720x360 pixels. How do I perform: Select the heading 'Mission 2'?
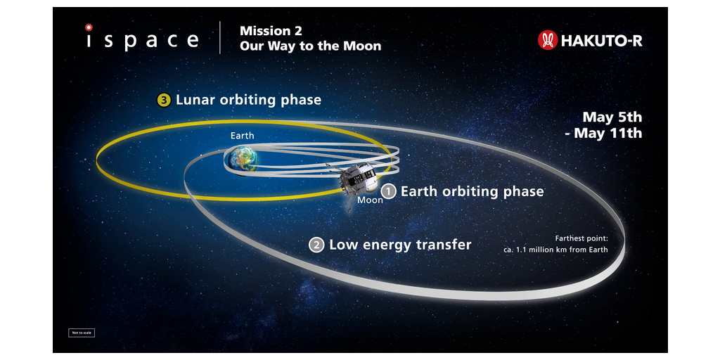pos(266,31)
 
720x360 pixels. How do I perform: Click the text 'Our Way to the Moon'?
pos(310,46)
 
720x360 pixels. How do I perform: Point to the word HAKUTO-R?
pos(601,41)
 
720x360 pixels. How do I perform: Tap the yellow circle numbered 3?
pos(164,100)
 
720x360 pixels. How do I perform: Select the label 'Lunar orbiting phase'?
pos(248,100)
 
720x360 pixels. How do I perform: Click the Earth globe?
pos(243,159)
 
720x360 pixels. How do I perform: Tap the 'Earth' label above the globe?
pos(243,136)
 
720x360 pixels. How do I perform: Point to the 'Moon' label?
pos(370,200)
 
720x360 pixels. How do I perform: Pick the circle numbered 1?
pos(389,191)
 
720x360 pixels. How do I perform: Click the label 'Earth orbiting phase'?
pos(472,191)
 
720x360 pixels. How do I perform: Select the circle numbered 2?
pos(317,245)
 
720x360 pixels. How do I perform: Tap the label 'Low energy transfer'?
pos(400,245)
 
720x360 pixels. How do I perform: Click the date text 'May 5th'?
pos(612,117)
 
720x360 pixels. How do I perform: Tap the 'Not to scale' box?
pos(82,332)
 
